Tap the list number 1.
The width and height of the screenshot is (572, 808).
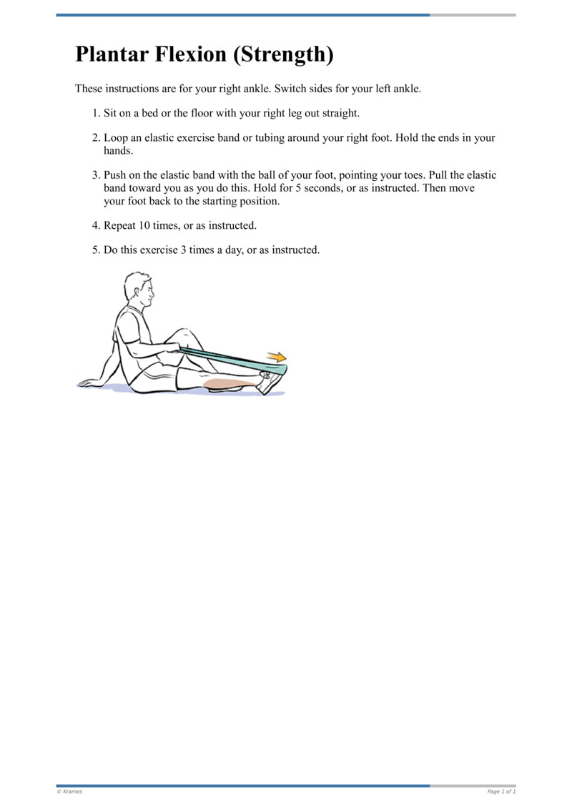coord(96,114)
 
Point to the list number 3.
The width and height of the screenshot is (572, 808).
coord(96,175)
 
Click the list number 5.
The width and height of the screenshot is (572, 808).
coord(96,250)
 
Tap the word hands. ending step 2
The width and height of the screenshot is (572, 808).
coord(119,151)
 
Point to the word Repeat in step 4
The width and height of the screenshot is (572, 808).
coord(121,225)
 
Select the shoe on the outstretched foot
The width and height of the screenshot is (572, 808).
coord(271,383)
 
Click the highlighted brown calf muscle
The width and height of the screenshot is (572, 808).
coord(229,385)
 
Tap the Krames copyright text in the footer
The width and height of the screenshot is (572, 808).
coord(69,792)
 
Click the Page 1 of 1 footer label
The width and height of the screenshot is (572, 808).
coord(501,792)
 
